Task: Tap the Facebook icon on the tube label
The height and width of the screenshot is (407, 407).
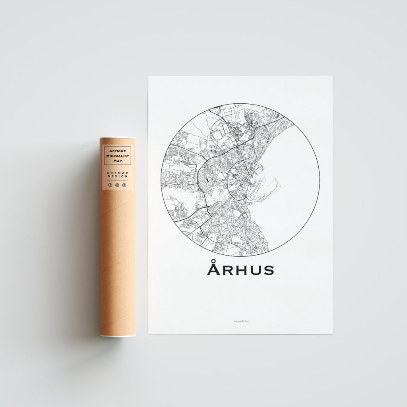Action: click(x=110, y=185)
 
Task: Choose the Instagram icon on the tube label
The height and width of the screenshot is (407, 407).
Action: click(x=117, y=185)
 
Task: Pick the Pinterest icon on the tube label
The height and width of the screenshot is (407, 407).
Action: click(x=124, y=185)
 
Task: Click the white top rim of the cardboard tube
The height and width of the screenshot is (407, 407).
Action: click(x=118, y=138)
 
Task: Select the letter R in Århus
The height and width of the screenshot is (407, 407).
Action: click(x=227, y=270)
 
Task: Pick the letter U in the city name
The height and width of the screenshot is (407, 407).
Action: click(x=254, y=270)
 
